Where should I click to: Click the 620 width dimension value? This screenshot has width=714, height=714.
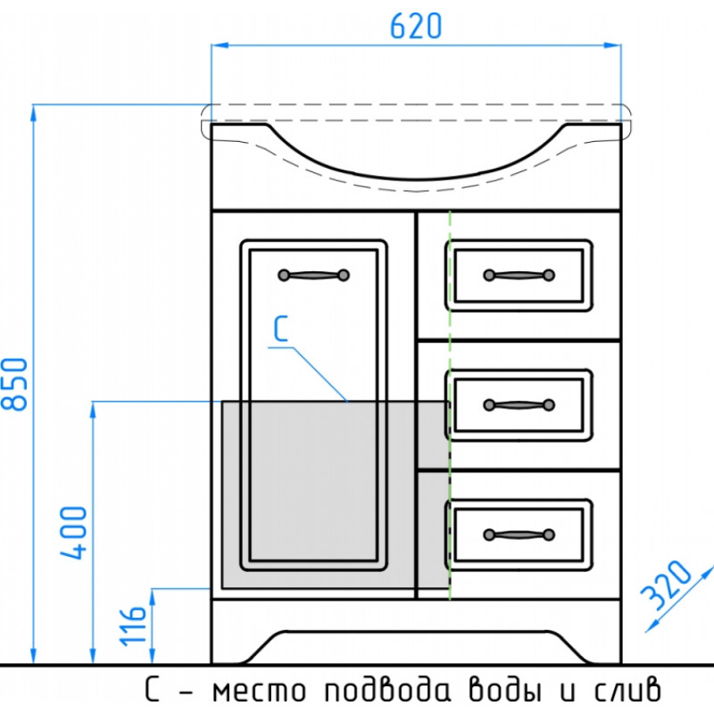click(416, 26)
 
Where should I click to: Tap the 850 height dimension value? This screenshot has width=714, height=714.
click(14, 385)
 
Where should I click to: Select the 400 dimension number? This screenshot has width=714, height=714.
click(73, 532)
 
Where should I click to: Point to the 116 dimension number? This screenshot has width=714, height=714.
click(132, 626)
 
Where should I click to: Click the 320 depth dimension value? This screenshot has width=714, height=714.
click(666, 585)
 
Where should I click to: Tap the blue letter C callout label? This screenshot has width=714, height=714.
click(280, 328)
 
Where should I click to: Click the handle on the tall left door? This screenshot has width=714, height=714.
click(314, 275)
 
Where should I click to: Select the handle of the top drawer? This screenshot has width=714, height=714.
click(519, 275)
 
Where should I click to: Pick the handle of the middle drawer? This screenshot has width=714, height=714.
click(519, 405)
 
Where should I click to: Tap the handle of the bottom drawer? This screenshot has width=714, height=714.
click(519, 535)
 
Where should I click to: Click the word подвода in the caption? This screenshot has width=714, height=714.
click(388, 690)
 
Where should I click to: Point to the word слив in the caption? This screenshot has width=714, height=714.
click(627, 690)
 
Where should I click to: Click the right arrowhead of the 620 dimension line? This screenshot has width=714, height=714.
click(612, 46)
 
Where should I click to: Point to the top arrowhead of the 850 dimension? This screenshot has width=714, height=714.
click(33, 113)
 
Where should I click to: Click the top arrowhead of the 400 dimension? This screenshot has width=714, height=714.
click(93, 410)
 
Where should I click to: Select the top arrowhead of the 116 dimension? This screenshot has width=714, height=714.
click(153, 597)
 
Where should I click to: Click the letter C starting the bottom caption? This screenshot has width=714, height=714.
click(152, 690)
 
